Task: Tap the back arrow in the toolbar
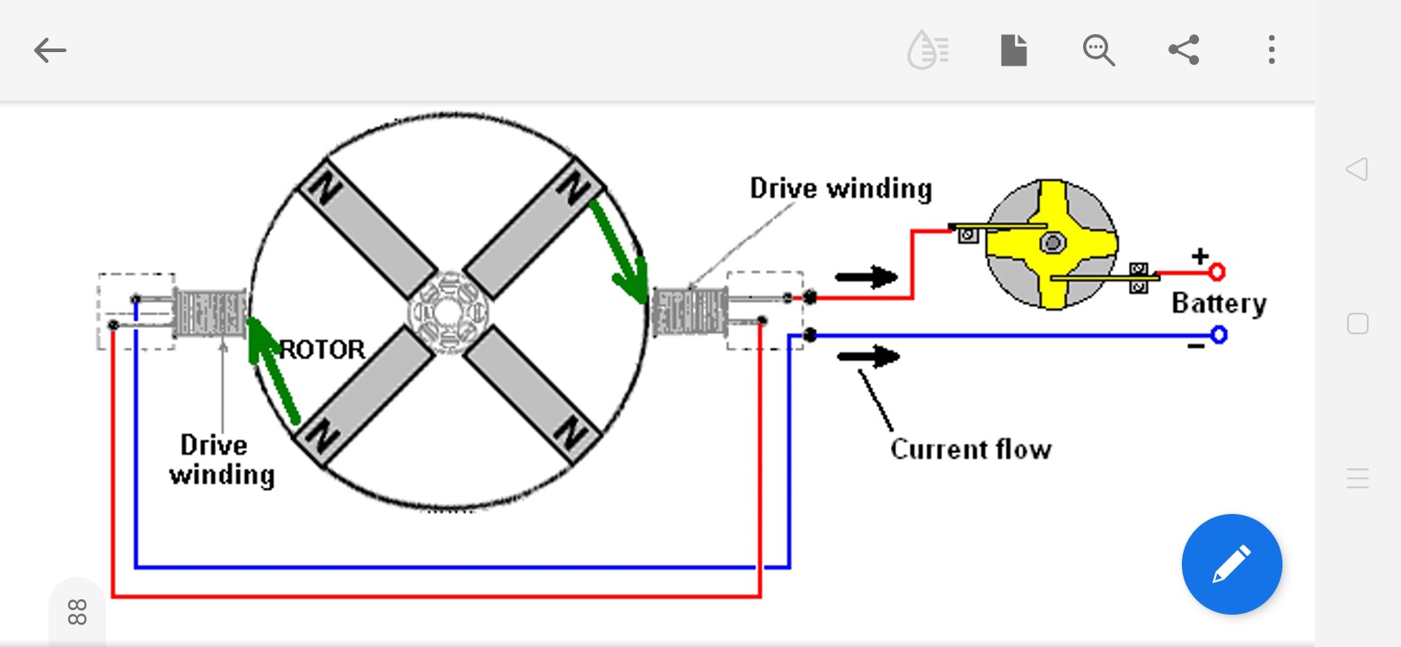point(50,50)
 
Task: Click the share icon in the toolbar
point(1184,49)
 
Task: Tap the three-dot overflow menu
point(1272,49)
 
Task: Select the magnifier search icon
point(1099,50)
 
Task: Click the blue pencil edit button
point(1231,563)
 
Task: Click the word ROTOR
point(322,350)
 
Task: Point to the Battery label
point(1219,304)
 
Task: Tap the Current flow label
point(971,449)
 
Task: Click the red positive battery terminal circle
point(1217,272)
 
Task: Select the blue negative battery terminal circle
point(1219,335)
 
